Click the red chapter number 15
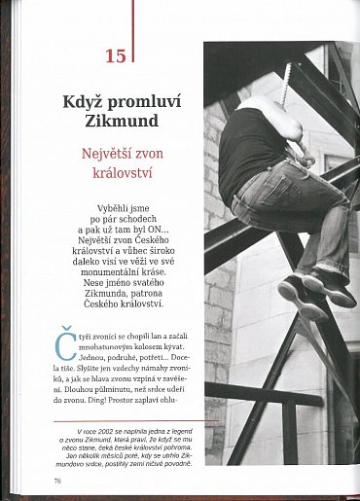tap(115, 55)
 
